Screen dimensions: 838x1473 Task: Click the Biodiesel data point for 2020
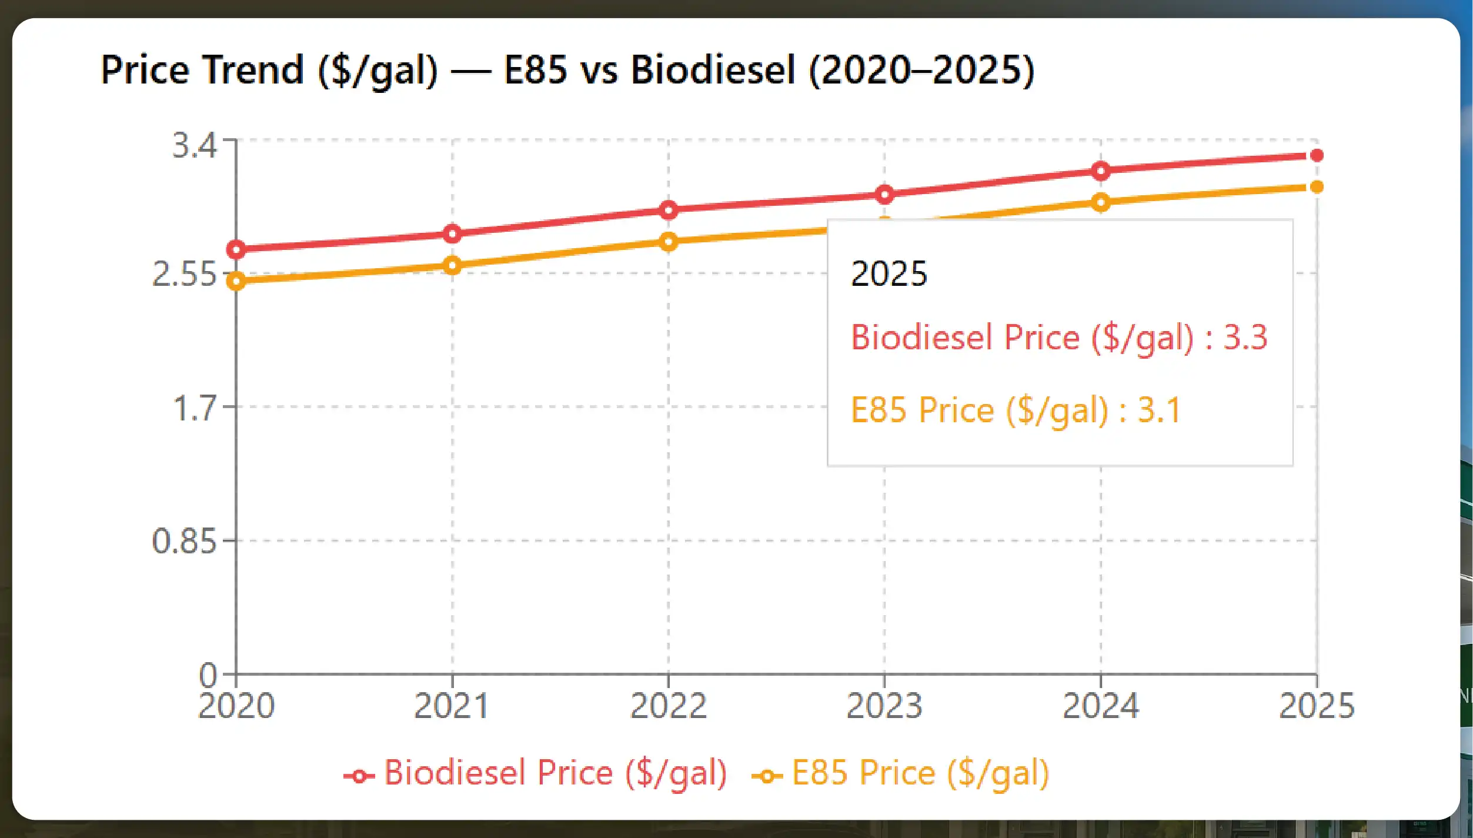click(236, 250)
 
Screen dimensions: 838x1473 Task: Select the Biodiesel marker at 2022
click(668, 210)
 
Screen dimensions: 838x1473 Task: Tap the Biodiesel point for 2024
click(1101, 171)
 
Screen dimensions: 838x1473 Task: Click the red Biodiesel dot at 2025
click(1317, 155)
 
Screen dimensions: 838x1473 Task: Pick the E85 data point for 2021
click(452, 266)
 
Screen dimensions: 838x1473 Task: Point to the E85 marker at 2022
click(668, 242)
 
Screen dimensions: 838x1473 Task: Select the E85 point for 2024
click(1101, 203)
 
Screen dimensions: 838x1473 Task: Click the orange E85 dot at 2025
click(1317, 187)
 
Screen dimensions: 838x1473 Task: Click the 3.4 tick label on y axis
click(195, 145)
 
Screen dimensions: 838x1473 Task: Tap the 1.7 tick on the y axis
click(195, 408)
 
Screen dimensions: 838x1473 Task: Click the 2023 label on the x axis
click(884, 706)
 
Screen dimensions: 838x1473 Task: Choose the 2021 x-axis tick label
click(452, 706)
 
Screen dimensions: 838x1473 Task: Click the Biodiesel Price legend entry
click(536, 773)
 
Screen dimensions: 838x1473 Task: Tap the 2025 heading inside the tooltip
click(889, 274)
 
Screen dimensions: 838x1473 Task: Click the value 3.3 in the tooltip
click(1245, 338)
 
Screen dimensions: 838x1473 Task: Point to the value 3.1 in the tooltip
click(1159, 410)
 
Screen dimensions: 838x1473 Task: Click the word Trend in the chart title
click(253, 70)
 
